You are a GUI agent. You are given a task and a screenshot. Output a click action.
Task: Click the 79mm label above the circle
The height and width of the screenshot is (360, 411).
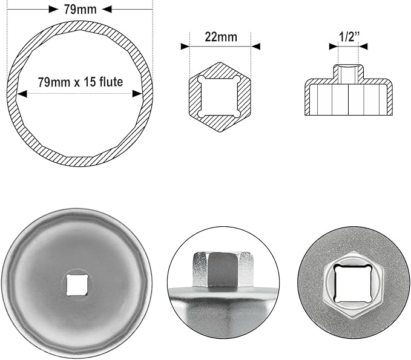coord(80,9)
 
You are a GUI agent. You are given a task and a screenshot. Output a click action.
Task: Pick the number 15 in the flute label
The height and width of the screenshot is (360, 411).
coord(94,82)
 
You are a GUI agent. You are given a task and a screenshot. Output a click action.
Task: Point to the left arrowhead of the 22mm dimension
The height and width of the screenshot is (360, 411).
coord(185,46)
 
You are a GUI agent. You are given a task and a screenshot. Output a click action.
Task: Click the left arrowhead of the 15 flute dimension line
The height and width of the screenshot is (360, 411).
coord(22,94)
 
